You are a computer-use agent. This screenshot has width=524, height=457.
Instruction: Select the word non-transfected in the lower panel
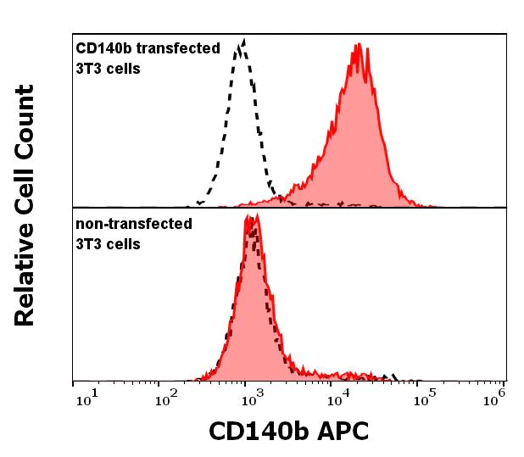(134, 225)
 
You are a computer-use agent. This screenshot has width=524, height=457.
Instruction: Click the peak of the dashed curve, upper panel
(243, 40)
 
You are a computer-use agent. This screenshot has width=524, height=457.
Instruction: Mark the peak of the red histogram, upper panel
(359, 45)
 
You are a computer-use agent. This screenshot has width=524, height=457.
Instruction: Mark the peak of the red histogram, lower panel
(253, 216)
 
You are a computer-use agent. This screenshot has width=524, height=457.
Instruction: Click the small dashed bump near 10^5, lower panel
(390, 375)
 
